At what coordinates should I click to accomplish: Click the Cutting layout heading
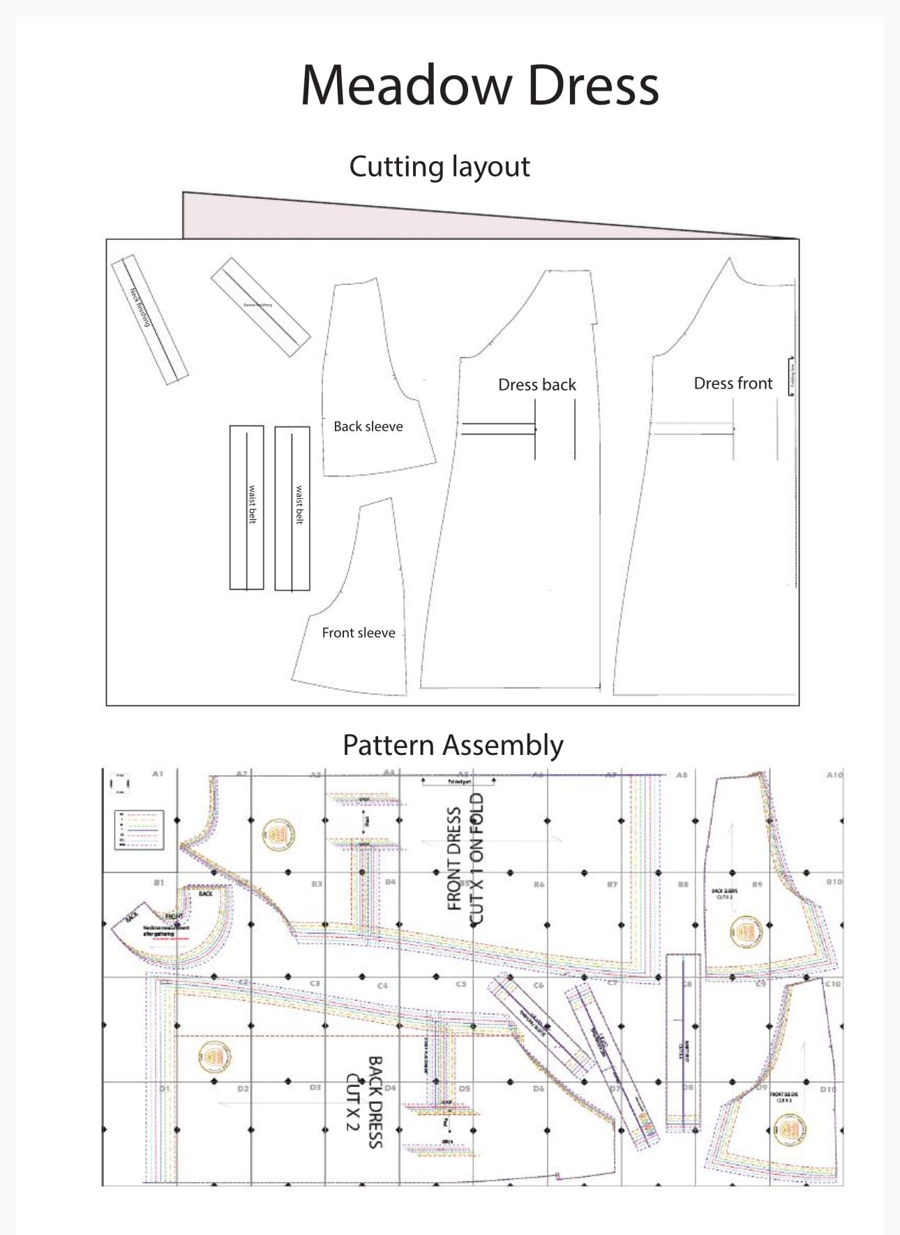click(440, 167)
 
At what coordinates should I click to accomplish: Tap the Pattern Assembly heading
click(453, 745)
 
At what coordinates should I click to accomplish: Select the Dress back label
click(537, 384)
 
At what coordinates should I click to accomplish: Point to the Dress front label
click(733, 383)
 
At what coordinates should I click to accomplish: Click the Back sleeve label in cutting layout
click(368, 426)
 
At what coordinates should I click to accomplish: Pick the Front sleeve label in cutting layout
click(358, 633)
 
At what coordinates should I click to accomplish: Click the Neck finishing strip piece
click(149, 319)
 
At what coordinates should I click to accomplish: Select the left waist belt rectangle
click(247, 507)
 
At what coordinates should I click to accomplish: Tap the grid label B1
click(159, 882)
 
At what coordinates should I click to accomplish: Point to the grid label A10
click(834, 774)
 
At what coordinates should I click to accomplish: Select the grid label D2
click(243, 1088)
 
